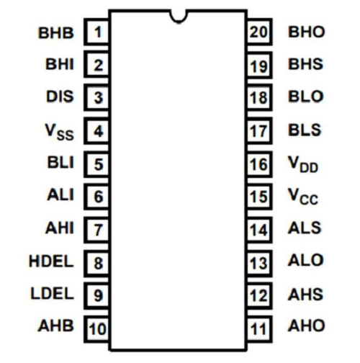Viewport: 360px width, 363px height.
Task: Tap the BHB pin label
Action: [56, 32]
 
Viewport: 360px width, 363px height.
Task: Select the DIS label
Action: [60, 97]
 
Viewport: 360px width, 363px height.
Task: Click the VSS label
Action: [59, 132]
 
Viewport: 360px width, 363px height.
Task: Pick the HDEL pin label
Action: [51, 261]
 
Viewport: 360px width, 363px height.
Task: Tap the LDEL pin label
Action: [52, 293]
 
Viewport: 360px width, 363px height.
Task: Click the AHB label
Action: [55, 326]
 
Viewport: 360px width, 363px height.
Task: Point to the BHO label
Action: [307, 32]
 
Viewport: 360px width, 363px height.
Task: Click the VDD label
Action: [303, 164]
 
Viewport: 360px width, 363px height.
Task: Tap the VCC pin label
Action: [303, 197]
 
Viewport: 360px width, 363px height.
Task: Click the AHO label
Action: [307, 326]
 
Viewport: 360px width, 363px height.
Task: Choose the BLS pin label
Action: [305, 130]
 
